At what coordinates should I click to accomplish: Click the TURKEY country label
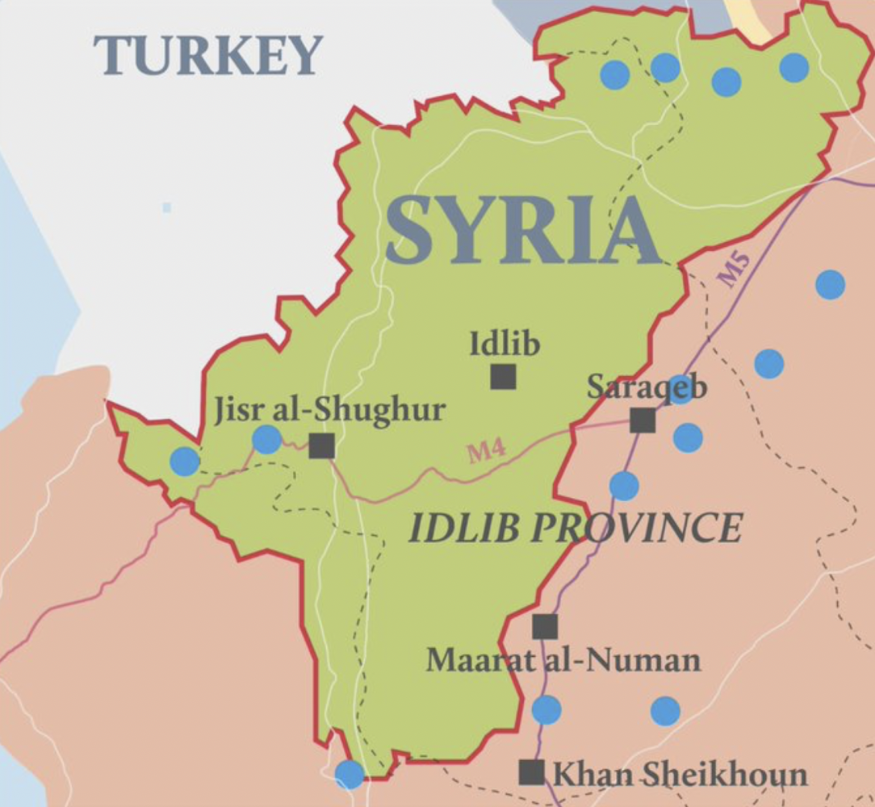208,56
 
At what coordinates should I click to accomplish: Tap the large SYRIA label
522,232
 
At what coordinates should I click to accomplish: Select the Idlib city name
504,345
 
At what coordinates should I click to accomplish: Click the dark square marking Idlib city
503,376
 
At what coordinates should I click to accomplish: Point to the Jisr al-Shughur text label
329,410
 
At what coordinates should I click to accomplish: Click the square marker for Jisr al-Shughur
321,445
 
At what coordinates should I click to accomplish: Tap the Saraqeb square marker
643,420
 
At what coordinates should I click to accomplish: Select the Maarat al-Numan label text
563,661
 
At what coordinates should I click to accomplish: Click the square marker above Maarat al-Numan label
545,626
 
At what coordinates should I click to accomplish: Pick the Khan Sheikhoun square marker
531,772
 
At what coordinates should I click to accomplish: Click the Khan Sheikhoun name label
679,775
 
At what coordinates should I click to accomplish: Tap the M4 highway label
487,451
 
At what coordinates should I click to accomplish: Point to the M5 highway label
735,270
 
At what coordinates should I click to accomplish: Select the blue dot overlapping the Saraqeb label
680,389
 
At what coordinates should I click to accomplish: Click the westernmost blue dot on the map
185,462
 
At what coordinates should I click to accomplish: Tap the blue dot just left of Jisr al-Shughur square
266,440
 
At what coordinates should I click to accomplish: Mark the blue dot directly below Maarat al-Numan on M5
546,709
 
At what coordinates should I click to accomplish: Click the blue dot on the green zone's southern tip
350,775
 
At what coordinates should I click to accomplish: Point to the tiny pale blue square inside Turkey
167,207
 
